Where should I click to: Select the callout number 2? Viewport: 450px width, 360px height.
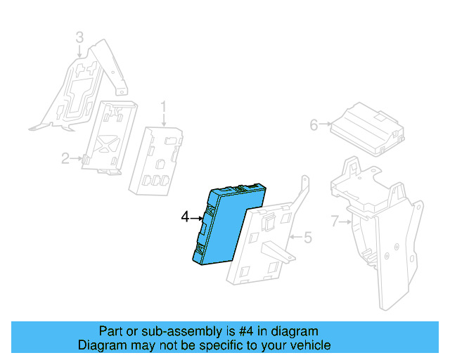pyautogui.click(x=65, y=159)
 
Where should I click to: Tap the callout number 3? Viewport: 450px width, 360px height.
pyautogui.click(x=79, y=37)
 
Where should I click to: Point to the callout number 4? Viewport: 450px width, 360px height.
pyautogui.click(x=185, y=217)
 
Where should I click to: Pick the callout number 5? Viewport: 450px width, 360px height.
pyautogui.click(x=307, y=238)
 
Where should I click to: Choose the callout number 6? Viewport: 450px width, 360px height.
pyautogui.click(x=314, y=125)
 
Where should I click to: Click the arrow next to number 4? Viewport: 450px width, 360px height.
pyautogui.click(x=197, y=218)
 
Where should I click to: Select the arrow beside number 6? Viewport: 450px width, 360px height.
pyautogui.click(x=325, y=125)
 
